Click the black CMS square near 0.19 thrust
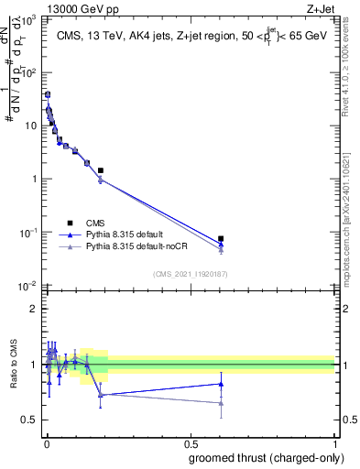pyautogui.click(x=101, y=170)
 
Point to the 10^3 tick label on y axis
pyautogui.click(x=30, y=18)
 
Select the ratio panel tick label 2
pyautogui.click(x=35, y=309)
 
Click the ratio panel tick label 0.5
pyautogui.click(x=31, y=420)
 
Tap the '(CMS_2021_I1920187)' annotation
pyautogui.click(x=189, y=274)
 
